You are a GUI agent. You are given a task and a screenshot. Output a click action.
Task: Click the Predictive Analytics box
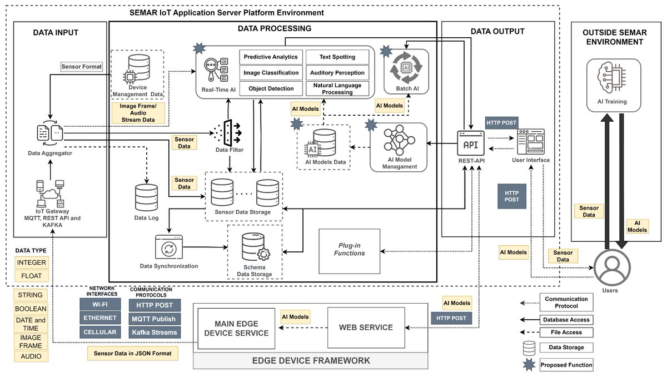(x=271, y=57)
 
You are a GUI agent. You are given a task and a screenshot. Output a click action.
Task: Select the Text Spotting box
(x=337, y=57)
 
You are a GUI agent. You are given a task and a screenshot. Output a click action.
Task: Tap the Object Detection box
(x=271, y=88)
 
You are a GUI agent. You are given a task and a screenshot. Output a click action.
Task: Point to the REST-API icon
(x=470, y=143)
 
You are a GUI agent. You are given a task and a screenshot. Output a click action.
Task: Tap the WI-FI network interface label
(x=100, y=305)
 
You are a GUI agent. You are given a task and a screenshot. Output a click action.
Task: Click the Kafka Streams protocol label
(x=153, y=333)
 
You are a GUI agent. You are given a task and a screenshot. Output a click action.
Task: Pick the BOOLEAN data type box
(x=31, y=309)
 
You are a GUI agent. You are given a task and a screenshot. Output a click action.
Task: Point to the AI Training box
(x=614, y=83)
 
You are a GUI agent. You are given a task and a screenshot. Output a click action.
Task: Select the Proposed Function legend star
(x=530, y=365)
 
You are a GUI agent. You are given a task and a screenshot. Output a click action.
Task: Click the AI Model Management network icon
(x=399, y=140)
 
